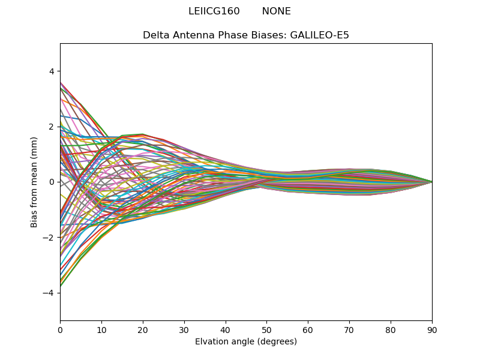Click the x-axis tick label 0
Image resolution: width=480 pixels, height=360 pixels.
60,329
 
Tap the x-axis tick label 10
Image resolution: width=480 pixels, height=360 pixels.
101,329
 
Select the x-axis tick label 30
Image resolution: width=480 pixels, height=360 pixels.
184,329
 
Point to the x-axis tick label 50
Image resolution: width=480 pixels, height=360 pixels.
266,329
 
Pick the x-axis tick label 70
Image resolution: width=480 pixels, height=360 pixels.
349,329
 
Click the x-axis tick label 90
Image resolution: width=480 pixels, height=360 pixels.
432,329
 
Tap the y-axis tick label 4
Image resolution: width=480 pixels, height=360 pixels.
52,71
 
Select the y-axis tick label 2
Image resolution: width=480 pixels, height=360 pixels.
52,127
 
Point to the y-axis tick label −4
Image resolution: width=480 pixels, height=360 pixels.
49,293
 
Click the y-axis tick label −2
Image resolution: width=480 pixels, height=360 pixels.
49,238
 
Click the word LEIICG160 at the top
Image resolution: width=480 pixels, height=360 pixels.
214,11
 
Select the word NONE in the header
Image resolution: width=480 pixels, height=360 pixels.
277,11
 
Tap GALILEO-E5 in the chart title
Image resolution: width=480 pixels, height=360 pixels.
320,35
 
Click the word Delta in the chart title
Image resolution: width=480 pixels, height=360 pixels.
155,35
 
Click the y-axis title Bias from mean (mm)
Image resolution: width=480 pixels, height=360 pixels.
35,182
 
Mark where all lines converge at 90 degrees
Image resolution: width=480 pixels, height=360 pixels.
432,182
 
